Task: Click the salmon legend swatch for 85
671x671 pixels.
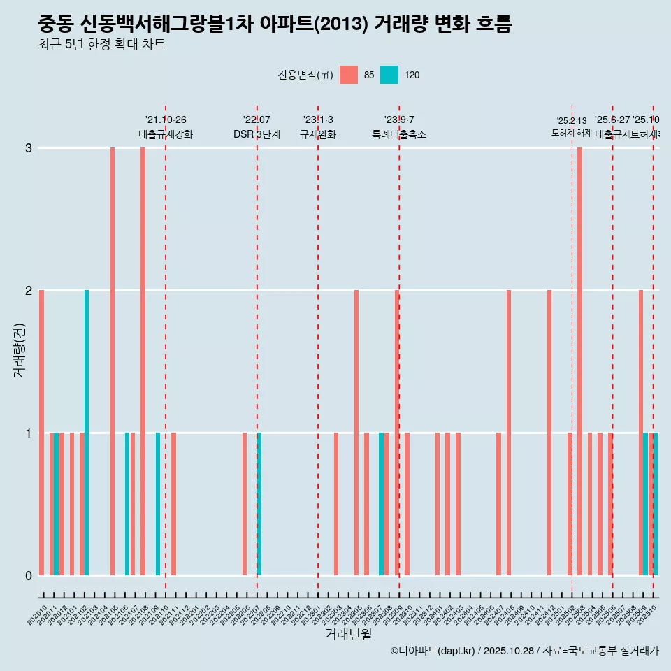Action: (x=348, y=75)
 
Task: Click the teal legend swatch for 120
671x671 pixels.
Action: (x=389, y=75)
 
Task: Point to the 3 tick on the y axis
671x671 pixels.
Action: (x=29, y=147)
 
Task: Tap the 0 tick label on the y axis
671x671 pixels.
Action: (x=29, y=575)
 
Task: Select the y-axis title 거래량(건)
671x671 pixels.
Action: (x=20, y=349)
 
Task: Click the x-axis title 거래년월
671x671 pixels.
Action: (x=348, y=635)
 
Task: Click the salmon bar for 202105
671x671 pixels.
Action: (x=113, y=361)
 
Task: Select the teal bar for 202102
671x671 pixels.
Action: (x=87, y=433)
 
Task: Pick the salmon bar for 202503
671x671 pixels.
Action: (x=579, y=361)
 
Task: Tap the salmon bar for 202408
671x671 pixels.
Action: (x=509, y=433)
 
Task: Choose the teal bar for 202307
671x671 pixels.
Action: (x=381, y=504)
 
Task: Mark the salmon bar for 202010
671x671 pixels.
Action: (x=42, y=433)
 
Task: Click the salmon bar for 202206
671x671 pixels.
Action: (x=245, y=504)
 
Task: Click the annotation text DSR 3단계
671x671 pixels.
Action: (x=257, y=134)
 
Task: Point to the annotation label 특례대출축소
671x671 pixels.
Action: (x=398, y=134)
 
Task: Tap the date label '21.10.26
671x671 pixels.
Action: (x=166, y=120)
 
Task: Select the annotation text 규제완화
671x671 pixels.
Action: (x=318, y=134)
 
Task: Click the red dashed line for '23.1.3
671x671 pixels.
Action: (x=318, y=349)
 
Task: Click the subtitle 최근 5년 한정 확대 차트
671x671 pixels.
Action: (x=101, y=45)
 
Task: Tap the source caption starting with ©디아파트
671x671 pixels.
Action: (x=524, y=651)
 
